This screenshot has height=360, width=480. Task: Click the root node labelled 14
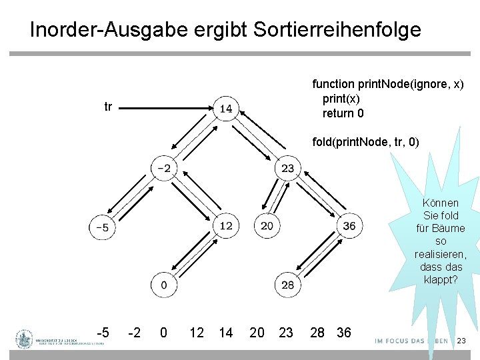click(x=226, y=108)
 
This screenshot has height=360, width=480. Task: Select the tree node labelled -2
click(x=164, y=167)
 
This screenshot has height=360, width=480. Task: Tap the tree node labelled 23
click(x=287, y=168)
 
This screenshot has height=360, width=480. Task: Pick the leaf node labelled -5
click(x=102, y=227)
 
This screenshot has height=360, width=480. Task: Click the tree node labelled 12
click(x=226, y=225)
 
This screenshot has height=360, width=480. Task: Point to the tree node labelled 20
click(x=267, y=225)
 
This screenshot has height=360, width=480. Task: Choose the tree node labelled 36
click(x=349, y=225)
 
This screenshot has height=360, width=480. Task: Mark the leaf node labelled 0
click(x=163, y=285)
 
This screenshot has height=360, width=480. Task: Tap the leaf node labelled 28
click(x=287, y=285)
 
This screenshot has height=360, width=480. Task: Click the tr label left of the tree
click(x=108, y=106)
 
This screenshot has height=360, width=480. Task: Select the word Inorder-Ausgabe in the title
click(x=105, y=30)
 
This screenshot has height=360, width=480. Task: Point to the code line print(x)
click(x=341, y=99)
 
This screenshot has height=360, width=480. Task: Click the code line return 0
click(x=343, y=113)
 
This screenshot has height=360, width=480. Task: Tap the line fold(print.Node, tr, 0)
click(x=366, y=142)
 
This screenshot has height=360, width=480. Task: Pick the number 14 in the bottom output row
click(x=226, y=332)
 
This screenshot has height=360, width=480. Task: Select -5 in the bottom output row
click(x=103, y=332)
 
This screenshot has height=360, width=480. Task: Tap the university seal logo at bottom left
click(x=25, y=339)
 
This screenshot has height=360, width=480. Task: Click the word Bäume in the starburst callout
click(x=440, y=228)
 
